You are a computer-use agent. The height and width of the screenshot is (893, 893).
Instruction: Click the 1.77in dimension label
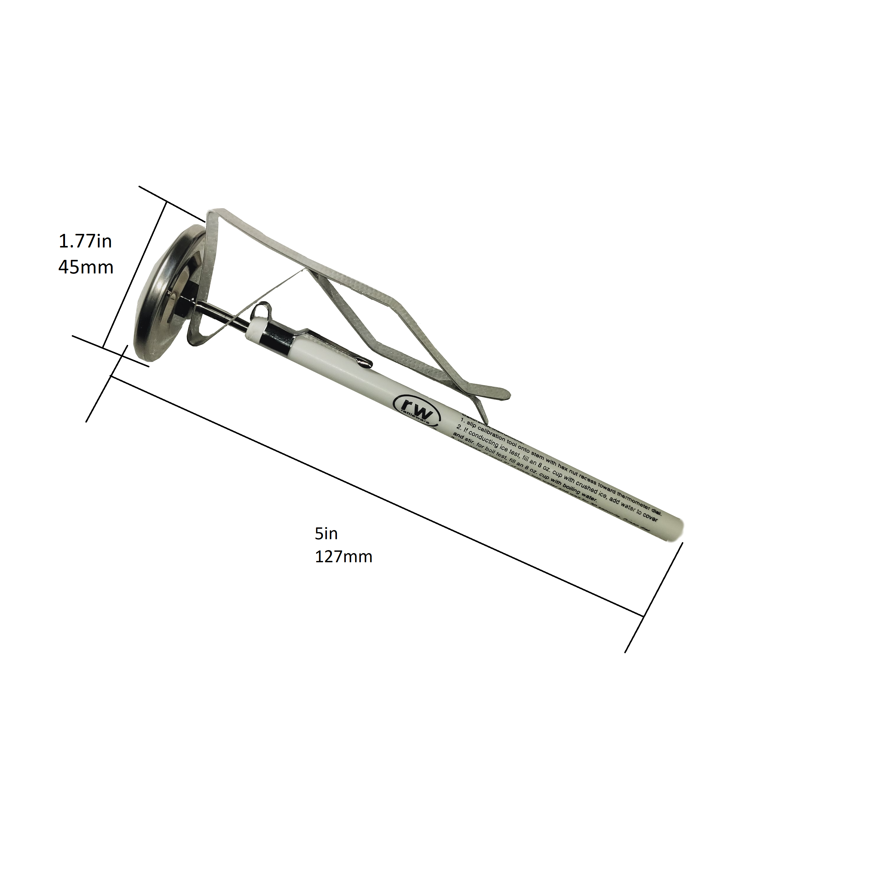pos(85,241)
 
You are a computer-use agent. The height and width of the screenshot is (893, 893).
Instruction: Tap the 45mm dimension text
pos(86,267)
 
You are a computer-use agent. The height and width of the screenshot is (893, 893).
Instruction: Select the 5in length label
pos(326,534)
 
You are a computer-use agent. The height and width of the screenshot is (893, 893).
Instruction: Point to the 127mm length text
pos(343,557)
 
